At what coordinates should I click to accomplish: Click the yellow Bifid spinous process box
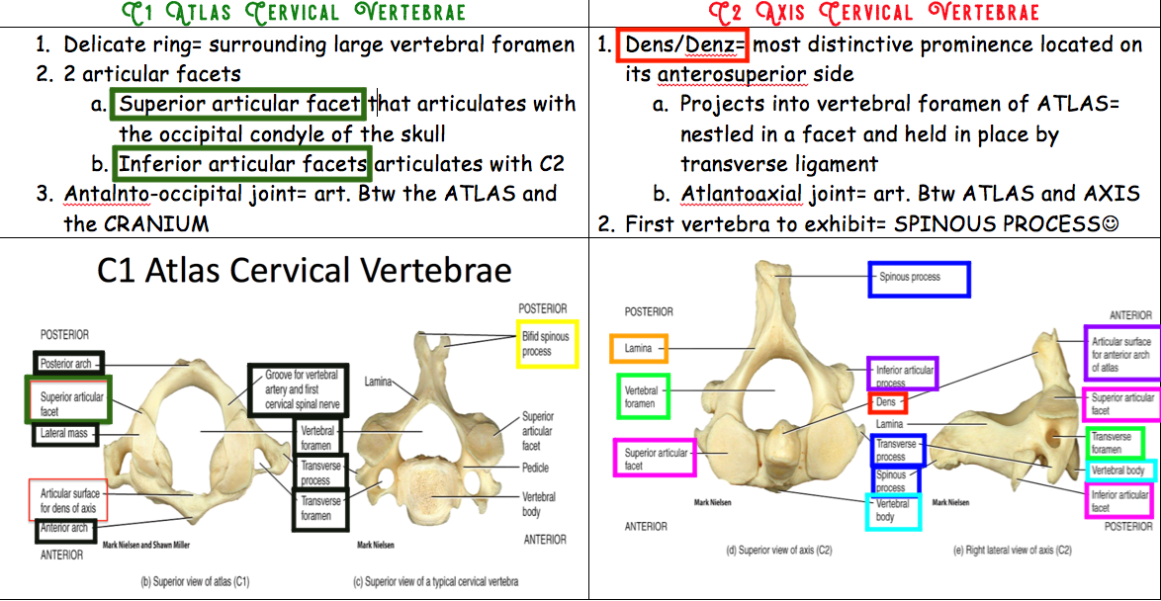pos(547,344)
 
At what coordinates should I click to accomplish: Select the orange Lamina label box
pos(639,348)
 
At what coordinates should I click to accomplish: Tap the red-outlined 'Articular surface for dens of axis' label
pos(68,500)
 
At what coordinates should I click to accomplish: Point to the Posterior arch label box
pos(67,364)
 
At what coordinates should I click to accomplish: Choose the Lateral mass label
pos(65,434)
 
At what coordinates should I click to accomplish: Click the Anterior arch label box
pos(65,529)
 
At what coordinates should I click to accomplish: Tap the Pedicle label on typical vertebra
pos(535,468)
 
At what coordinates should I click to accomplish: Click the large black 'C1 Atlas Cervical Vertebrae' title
pos(305,271)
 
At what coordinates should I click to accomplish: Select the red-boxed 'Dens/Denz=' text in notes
pos(683,45)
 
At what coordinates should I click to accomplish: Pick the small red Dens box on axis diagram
pos(887,402)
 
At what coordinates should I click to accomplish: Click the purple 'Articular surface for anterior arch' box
pos(1120,354)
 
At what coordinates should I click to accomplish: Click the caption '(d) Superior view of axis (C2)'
pos(780,550)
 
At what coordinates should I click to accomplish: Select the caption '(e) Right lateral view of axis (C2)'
pos(1012,550)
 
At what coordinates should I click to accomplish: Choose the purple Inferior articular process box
pos(903,375)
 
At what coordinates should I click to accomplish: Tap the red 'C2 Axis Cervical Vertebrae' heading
pos(874,13)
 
